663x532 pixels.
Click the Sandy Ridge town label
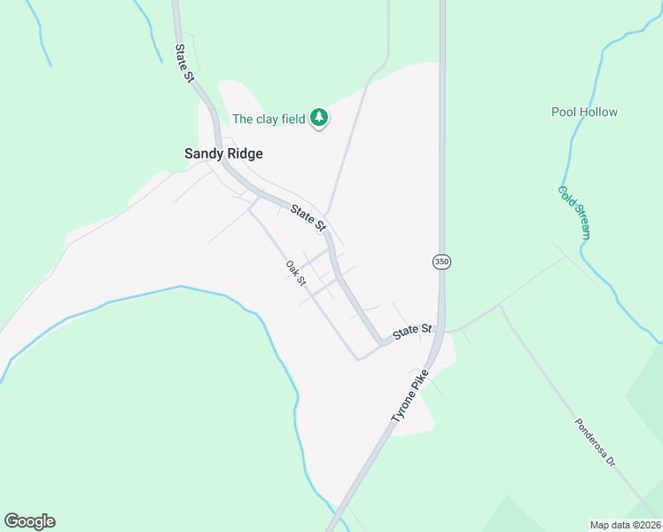coord(223,153)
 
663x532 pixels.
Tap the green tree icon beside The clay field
coord(319,118)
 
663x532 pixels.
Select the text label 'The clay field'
coord(269,119)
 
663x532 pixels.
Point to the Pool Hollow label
coord(584,112)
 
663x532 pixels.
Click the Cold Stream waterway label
coord(573,213)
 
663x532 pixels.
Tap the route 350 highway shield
coord(441,262)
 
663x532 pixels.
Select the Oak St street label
coord(296,272)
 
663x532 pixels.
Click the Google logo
coord(29,521)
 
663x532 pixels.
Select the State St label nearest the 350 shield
coord(412,332)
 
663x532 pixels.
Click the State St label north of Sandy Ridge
coord(184,64)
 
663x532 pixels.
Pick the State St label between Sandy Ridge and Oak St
coord(308,218)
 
